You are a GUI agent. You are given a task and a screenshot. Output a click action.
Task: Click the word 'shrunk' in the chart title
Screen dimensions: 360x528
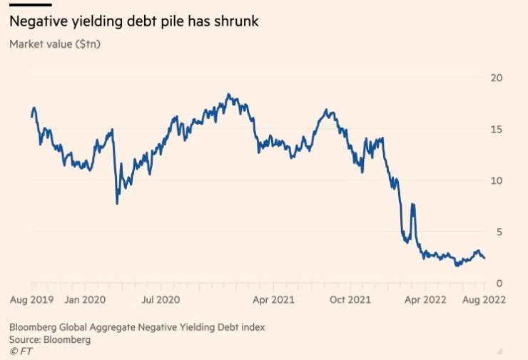click(234, 22)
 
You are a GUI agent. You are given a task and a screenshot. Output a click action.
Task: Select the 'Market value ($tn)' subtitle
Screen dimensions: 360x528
click(56, 43)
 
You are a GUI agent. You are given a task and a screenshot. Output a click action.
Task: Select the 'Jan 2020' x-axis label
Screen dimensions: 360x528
click(86, 299)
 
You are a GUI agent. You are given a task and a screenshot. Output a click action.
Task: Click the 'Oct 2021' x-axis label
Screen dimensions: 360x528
click(350, 299)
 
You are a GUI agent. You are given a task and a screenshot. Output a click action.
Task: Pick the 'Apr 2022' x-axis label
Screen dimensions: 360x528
click(427, 299)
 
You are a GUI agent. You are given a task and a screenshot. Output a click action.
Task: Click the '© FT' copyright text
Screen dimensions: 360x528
click(21, 351)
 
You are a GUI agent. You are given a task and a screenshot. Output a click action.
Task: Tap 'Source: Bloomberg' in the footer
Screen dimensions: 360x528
click(50, 339)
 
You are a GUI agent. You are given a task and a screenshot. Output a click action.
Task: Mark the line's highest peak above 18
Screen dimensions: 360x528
click(228, 94)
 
